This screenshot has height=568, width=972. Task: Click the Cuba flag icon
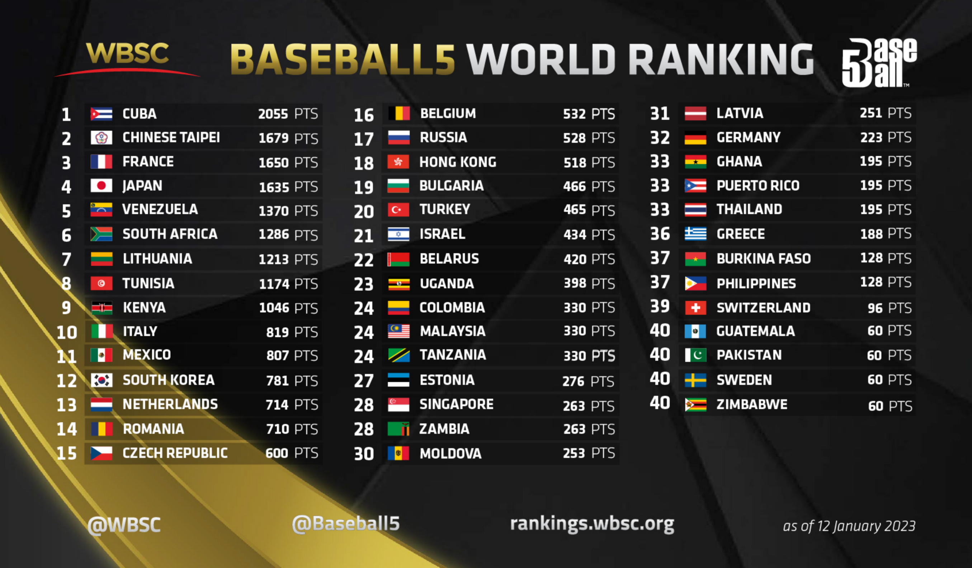point(101,114)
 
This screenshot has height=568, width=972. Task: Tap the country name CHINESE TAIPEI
point(171,138)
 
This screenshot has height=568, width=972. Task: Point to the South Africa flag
point(101,234)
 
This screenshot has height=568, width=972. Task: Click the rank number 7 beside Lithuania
point(66,259)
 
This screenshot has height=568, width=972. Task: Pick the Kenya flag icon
point(102,308)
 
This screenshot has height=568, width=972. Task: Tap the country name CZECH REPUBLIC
point(175,453)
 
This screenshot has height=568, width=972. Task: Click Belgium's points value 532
point(574,114)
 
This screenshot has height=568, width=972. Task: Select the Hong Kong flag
point(398,162)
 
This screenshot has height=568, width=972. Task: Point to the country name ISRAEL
point(442,234)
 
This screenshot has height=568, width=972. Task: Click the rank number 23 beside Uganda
point(363,284)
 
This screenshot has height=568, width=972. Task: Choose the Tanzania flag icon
point(398,355)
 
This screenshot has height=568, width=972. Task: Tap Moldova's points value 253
point(574,453)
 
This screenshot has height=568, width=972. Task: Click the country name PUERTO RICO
point(758,186)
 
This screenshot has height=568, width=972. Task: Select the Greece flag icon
point(695,234)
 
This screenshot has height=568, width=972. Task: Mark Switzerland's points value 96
point(875,308)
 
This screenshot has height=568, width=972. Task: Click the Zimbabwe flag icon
point(695,405)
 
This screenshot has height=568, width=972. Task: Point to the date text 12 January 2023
point(865,526)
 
